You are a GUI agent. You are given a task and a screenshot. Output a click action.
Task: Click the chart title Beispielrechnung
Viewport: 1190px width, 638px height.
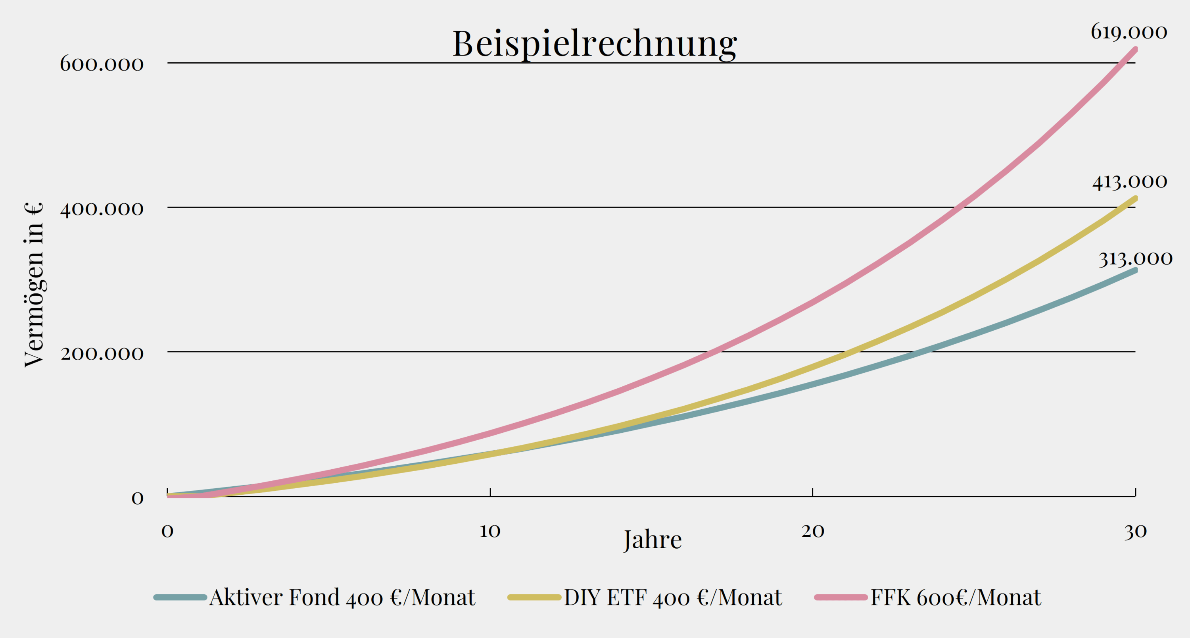coord(595,44)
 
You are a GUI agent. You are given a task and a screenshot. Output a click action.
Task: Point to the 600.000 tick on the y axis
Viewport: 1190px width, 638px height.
coord(102,64)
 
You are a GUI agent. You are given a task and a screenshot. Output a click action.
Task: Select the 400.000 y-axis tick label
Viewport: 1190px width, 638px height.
coord(102,209)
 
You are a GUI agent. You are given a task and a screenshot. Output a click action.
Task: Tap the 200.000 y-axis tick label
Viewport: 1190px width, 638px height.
coord(102,354)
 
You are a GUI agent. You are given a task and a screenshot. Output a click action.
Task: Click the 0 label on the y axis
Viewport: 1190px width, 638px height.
coord(137,498)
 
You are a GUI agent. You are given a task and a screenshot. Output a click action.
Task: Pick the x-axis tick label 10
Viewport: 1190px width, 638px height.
coord(489,531)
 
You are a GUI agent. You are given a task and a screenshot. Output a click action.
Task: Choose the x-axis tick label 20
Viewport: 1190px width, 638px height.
coord(813,531)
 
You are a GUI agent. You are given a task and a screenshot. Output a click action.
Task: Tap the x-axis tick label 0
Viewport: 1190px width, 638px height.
coord(167,531)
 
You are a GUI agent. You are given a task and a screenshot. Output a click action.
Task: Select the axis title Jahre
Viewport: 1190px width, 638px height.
coord(652,540)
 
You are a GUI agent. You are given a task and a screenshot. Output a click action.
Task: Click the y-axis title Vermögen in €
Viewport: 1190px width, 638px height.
coord(34,284)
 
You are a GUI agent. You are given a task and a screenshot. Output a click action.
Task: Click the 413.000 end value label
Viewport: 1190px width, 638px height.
coord(1129,182)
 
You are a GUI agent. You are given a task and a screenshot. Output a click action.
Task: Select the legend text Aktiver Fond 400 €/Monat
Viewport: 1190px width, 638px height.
coord(342,598)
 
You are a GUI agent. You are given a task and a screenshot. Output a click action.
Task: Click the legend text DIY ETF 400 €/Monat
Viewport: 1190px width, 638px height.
coord(673,598)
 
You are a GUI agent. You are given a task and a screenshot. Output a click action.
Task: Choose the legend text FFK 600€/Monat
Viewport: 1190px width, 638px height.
coord(956,598)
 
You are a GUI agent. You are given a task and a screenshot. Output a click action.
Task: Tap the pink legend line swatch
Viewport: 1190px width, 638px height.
coord(841,598)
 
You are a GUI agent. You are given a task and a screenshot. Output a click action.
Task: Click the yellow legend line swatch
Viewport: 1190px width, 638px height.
coord(534,598)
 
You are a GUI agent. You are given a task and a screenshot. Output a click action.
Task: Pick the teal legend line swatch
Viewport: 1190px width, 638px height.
coord(180,598)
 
